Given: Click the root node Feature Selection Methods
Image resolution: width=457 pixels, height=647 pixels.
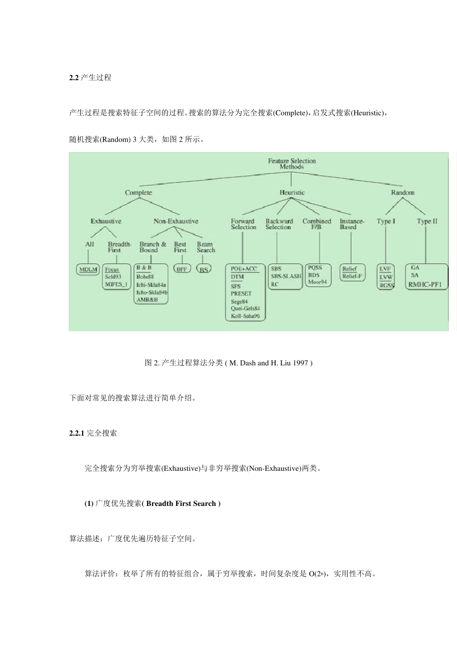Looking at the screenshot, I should tap(292, 164).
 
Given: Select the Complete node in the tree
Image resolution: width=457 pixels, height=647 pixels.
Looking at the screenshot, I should tap(139, 193).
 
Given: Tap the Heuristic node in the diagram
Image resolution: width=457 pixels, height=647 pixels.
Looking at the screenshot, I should tap(292, 193).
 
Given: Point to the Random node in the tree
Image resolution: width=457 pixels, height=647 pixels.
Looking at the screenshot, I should tap(403, 193).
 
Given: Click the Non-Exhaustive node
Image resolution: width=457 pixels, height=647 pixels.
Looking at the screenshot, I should tap(176, 221).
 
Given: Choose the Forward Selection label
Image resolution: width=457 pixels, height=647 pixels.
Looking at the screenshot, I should tap(243, 224).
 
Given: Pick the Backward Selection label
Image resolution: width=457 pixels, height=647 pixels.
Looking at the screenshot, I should tap(279, 224).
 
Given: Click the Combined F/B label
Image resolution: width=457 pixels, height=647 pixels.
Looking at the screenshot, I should tap(317, 224).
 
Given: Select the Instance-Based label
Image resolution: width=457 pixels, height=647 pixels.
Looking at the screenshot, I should tap(352, 224).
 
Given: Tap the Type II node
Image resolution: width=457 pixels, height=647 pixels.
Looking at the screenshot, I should tap(427, 221).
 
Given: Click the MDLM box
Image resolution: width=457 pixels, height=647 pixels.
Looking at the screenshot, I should tap(88, 270).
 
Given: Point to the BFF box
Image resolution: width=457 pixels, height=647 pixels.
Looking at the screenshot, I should tap(181, 270).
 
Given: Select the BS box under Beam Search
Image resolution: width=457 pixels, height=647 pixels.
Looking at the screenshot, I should tap(204, 270).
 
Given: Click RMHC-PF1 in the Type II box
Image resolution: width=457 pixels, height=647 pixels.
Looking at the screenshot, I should tap(426, 285).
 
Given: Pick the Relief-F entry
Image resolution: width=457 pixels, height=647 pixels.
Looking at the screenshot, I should tap(352, 277).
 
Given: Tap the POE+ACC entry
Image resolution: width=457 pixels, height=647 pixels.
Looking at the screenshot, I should tap(244, 269).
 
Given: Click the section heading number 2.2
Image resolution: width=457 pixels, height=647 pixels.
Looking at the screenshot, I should tap(74, 78).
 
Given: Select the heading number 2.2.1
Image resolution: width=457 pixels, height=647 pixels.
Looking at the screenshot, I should tap(77, 433).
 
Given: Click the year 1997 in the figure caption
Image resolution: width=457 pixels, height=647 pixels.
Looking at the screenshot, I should tap(300, 363).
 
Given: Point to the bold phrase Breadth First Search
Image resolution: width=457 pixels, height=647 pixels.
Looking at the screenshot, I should tap(181, 504).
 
